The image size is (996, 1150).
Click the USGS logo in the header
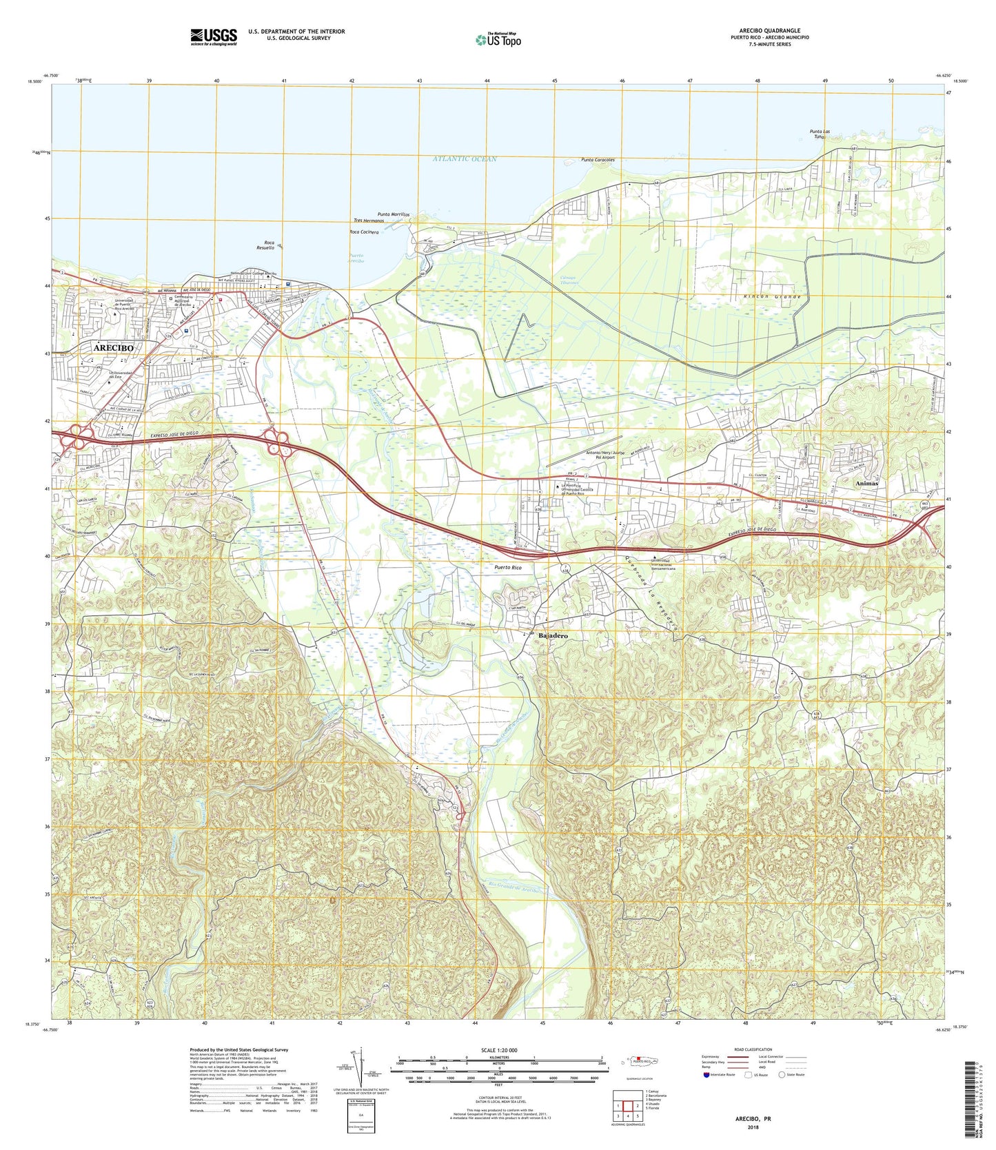click(x=214, y=36)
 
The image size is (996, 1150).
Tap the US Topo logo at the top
click(x=498, y=40)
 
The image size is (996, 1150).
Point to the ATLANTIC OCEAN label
click(x=465, y=159)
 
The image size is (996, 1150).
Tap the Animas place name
click(x=866, y=484)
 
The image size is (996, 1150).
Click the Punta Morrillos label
click(x=394, y=214)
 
